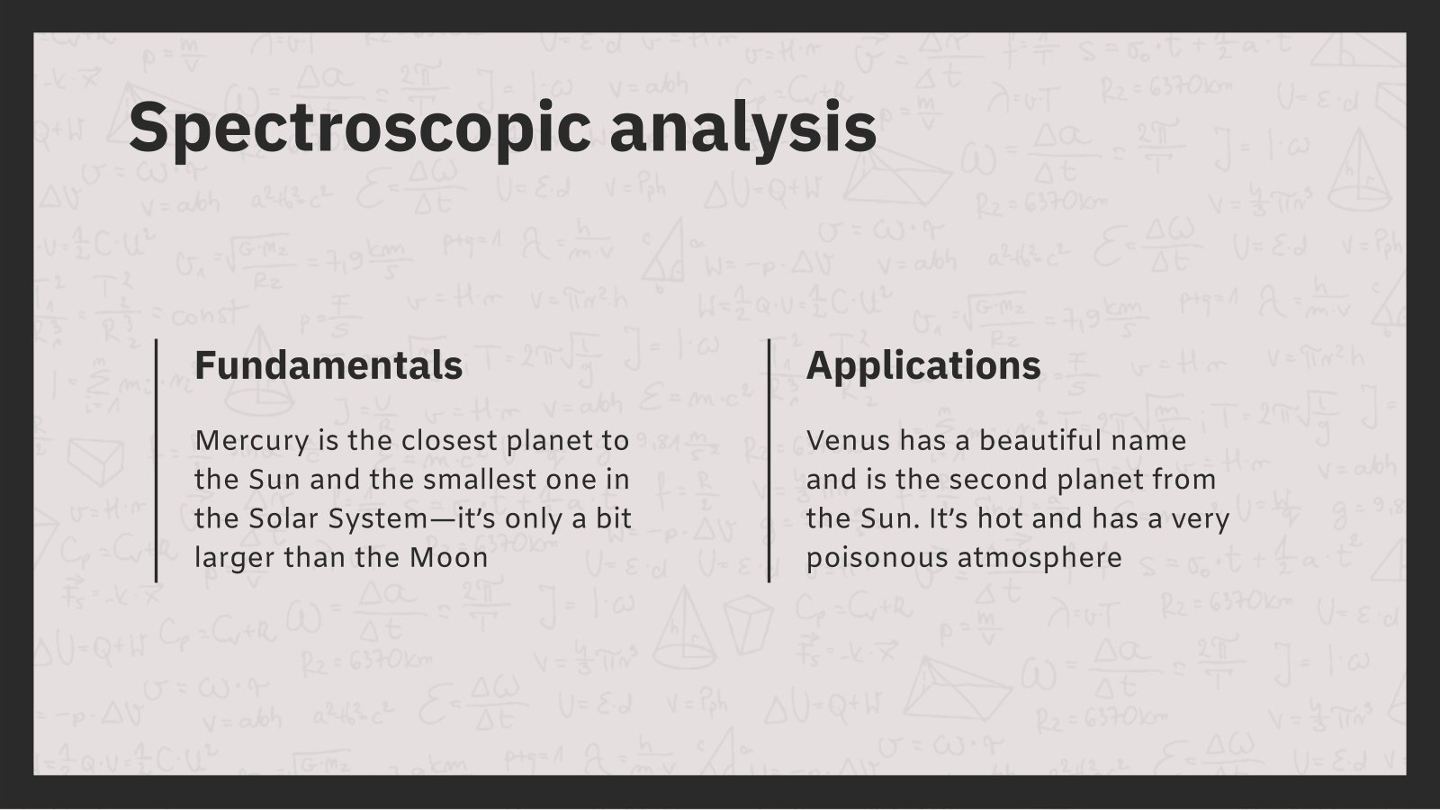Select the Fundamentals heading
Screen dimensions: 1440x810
[x=328, y=365]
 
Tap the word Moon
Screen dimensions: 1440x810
[x=449, y=558]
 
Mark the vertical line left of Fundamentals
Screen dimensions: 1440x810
[x=157, y=460]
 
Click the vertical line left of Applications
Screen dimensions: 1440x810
[x=769, y=460]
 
